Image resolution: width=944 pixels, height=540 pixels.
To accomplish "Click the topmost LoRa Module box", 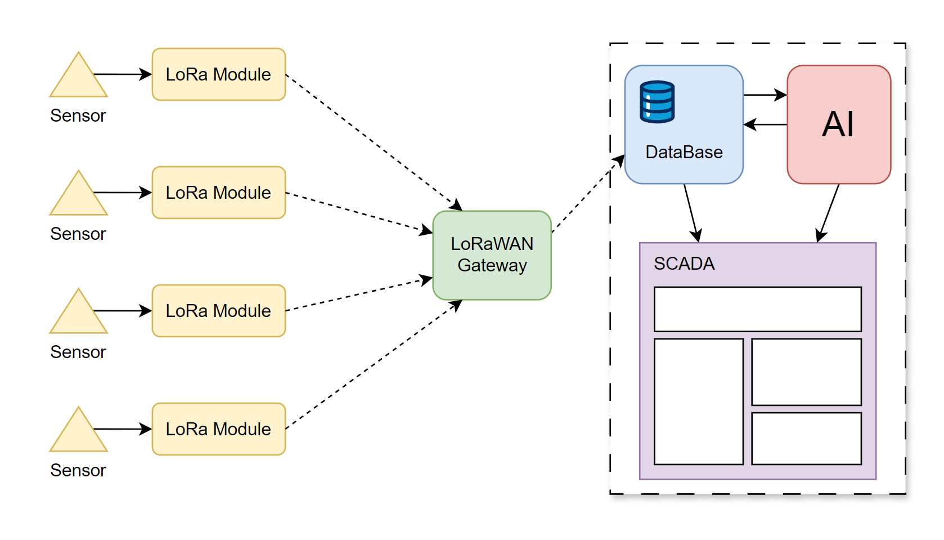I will click(x=218, y=74).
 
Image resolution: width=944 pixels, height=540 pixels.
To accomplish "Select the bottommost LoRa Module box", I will click(x=218, y=429).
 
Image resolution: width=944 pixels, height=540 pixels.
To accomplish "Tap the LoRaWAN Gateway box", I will click(x=492, y=255).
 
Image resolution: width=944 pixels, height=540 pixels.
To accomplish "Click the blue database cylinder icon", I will click(x=657, y=102).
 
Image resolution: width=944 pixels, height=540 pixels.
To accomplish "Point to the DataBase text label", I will click(x=684, y=152).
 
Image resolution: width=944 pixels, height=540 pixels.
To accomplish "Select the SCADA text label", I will click(x=684, y=264).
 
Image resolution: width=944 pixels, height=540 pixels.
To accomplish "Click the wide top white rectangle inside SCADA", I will click(x=757, y=309).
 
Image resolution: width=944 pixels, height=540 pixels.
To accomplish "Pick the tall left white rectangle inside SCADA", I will click(x=698, y=401).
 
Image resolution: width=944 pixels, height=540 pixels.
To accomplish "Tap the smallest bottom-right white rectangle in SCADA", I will click(x=806, y=439).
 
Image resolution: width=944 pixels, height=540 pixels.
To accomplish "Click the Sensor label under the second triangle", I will click(x=78, y=234).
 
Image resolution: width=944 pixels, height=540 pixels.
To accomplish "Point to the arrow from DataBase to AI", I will click(x=765, y=95).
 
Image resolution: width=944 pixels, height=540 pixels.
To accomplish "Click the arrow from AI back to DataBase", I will click(x=765, y=124).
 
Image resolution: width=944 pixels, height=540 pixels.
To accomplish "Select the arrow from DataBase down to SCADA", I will click(x=691, y=213).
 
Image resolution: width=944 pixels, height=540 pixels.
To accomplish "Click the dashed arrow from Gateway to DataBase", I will click(x=588, y=193).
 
